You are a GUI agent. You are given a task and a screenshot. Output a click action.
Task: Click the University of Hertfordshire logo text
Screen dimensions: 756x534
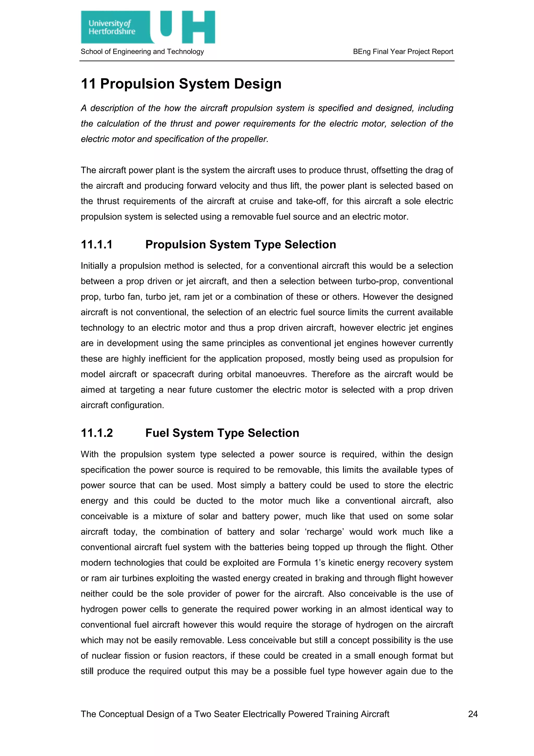click(x=112, y=27)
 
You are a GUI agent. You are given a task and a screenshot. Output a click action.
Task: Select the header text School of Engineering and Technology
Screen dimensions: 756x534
click(x=142, y=52)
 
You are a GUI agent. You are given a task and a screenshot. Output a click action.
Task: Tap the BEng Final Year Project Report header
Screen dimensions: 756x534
click(x=403, y=52)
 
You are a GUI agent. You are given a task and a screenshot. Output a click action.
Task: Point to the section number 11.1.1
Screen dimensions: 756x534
click(x=97, y=245)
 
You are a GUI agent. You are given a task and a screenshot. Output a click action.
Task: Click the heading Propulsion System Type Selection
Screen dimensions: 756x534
click(x=240, y=245)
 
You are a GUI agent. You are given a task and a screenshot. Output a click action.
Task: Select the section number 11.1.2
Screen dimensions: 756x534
click(x=97, y=433)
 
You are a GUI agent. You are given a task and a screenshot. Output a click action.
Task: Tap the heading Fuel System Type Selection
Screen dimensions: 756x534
click(x=222, y=433)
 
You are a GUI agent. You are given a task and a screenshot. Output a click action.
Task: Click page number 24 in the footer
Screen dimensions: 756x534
click(x=472, y=714)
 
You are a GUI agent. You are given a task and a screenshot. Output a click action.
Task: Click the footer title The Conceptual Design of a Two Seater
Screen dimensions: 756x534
click(x=235, y=714)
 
